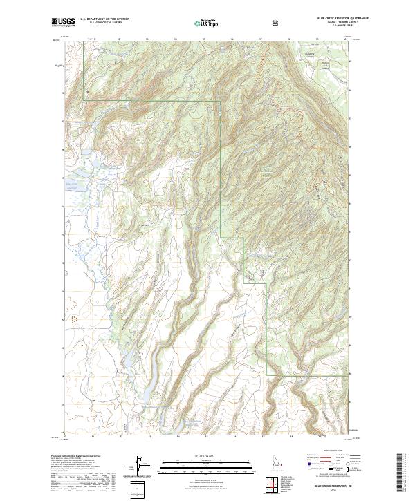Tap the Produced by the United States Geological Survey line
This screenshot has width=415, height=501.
coord(76,457)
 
